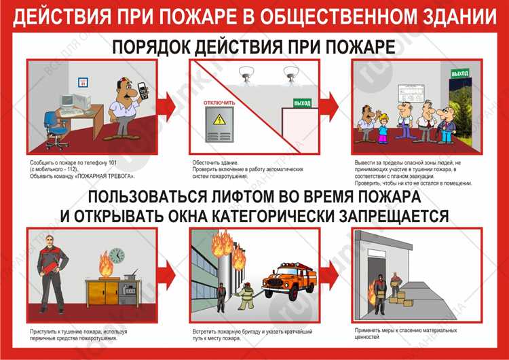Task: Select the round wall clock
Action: coord(116,255)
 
